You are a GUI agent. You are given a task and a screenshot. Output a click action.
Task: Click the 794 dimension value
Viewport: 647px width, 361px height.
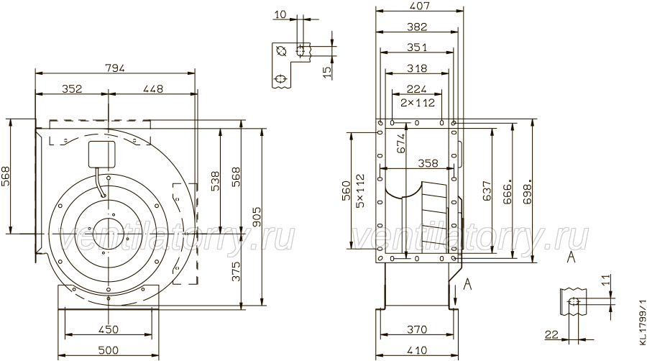coord(115,68)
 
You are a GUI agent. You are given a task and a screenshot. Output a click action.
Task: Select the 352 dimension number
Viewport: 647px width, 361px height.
coord(72,88)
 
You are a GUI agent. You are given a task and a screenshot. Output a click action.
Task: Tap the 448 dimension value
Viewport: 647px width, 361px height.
coord(153,88)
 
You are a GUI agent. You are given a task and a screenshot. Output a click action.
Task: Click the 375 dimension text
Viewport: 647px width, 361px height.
coord(236,271)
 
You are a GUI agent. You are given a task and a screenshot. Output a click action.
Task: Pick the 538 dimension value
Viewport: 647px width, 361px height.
coord(216,181)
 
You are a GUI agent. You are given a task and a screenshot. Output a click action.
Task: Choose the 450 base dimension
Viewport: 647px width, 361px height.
coord(109,329)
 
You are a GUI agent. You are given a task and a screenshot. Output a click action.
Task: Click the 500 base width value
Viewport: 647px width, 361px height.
coord(109,350)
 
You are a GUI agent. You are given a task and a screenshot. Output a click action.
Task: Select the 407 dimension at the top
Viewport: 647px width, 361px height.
coord(420,6)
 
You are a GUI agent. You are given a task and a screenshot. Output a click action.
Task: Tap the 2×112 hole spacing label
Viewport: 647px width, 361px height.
coord(418,102)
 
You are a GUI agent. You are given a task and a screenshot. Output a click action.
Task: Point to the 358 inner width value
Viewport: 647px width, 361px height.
coord(428,163)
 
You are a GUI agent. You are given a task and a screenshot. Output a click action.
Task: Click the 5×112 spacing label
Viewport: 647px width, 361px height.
coord(360,191)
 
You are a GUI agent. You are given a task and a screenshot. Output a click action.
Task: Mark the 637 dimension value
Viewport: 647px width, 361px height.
coord(487,191)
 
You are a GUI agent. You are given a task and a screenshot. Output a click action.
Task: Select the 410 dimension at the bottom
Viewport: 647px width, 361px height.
coord(417,350)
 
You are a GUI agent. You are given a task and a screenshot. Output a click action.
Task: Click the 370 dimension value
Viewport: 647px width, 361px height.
coord(417,329)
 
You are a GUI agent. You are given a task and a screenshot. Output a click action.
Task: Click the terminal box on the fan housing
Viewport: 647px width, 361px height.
coord(101,155)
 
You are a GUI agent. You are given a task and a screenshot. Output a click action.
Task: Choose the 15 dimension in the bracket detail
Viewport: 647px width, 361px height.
coord(326,72)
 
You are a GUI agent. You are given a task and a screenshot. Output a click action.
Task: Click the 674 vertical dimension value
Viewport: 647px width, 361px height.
coord(400,143)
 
